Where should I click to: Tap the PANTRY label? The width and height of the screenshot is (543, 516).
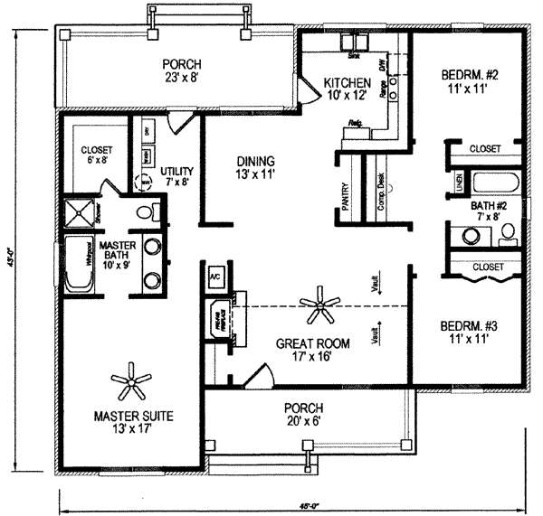coord(346,194)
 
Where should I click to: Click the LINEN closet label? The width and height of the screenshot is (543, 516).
coord(459,183)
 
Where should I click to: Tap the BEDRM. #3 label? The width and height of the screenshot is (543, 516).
coord(465,331)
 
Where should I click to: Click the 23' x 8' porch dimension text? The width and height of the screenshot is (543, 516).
coord(181,79)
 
